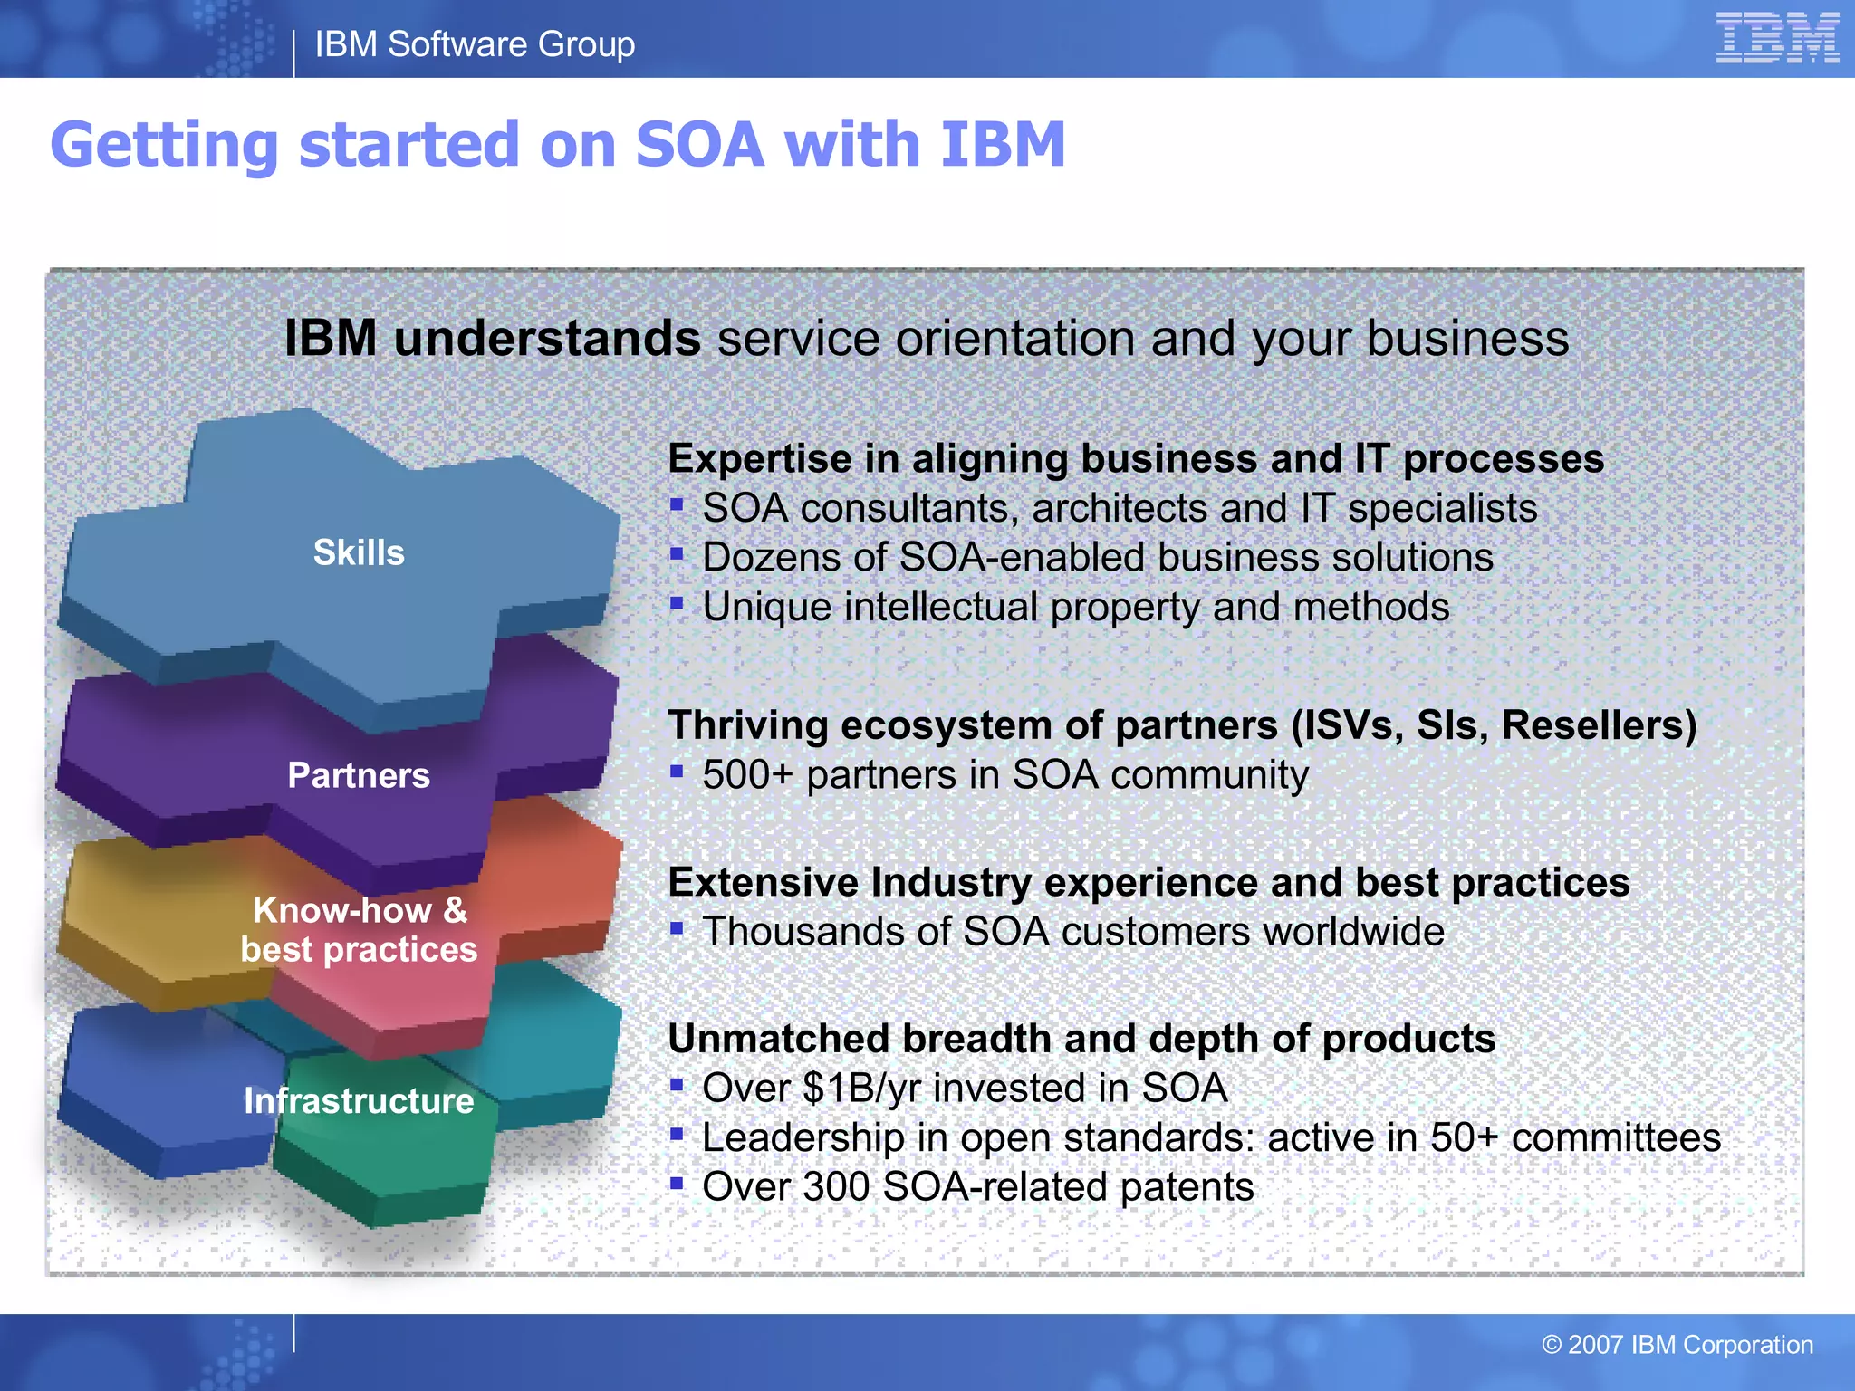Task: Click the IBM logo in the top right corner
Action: click(1776, 38)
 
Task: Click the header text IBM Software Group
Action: click(475, 44)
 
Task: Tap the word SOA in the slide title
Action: click(699, 145)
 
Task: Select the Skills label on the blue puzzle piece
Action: click(359, 552)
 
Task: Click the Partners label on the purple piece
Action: click(359, 775)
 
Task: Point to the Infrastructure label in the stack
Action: click(359, 1100)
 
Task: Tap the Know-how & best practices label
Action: click(359, 930)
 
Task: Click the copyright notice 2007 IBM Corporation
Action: click(1677, 1345)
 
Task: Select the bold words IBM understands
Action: click(492, 339)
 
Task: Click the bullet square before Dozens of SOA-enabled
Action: click(677, 553)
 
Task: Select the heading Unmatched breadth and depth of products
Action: click(1081, 1039)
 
